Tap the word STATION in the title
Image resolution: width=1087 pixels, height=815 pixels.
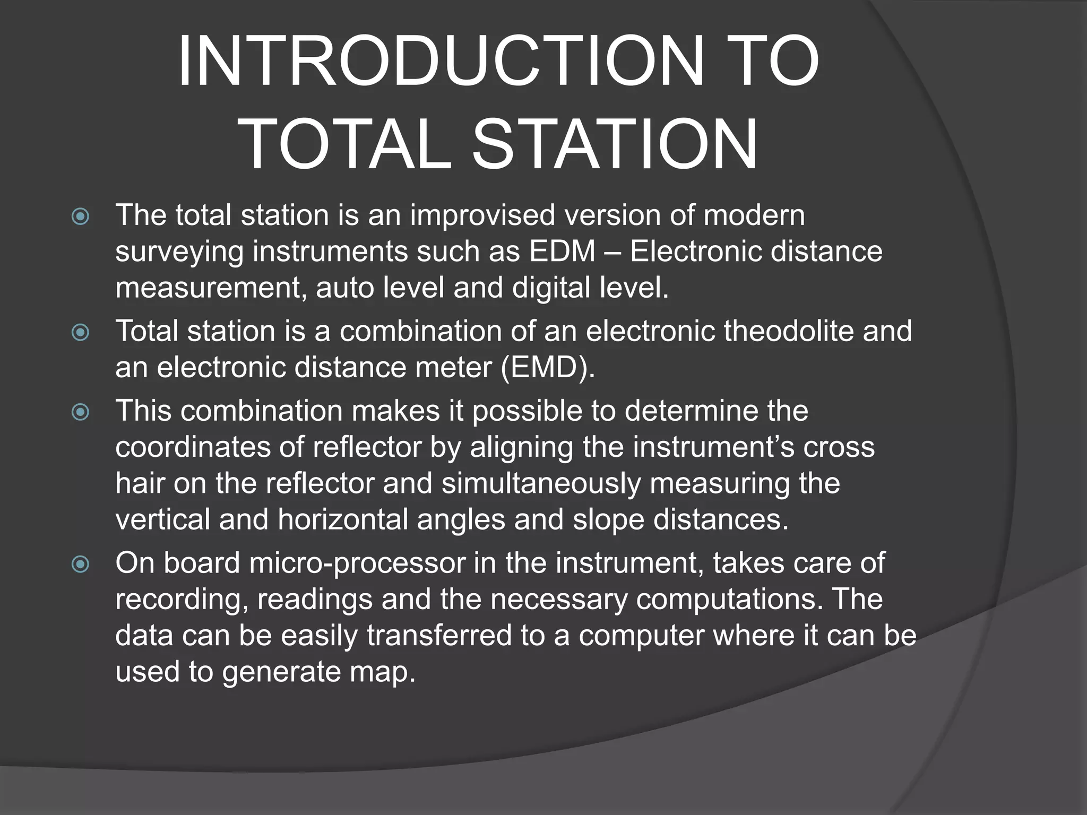615,144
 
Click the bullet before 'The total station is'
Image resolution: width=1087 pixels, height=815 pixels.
81,216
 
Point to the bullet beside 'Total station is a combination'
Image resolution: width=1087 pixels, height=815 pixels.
81,332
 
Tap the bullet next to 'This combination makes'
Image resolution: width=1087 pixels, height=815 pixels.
81,412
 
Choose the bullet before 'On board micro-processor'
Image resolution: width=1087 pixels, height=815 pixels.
81,563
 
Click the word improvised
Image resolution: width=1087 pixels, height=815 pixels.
482,215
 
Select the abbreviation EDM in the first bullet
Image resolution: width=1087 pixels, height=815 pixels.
562,251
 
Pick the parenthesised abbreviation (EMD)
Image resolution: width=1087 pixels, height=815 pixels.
548,367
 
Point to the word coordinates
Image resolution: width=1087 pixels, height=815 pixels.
193,447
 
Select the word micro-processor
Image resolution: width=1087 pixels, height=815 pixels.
357,563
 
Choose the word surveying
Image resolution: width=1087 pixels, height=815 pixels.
179,252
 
